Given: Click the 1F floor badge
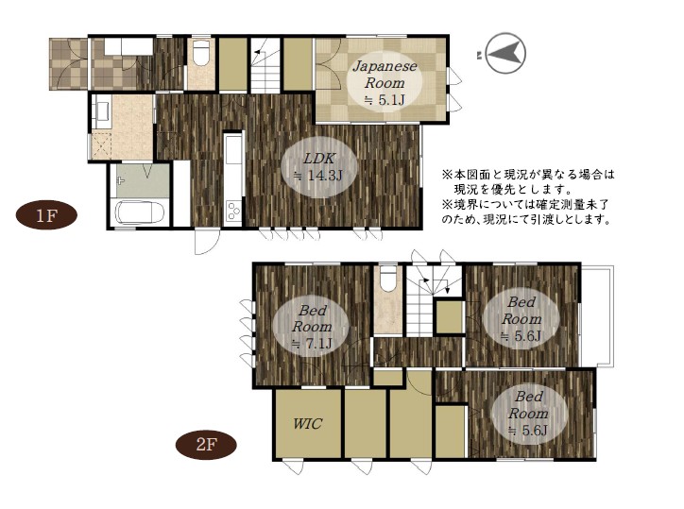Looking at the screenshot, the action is click(46, 215).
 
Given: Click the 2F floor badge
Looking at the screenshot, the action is click(206, 445).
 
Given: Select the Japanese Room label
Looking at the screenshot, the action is click(385, 75).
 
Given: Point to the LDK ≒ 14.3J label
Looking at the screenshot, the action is click(319, 167).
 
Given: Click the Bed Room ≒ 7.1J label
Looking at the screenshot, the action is click(312, 327).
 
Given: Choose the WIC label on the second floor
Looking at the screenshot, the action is click(307, 423).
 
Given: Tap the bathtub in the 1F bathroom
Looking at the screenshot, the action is click(140, 212).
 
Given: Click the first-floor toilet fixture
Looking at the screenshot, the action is click(201, 53).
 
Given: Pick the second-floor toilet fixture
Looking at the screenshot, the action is click(387, 280).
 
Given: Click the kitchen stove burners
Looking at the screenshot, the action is click(233, 212).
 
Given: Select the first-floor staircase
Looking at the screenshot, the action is click(265, 64).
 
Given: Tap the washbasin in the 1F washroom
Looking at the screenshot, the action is click(102, 110).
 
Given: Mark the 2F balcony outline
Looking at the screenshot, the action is click(597, 315).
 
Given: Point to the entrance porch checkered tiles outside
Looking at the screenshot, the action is click(68, 64).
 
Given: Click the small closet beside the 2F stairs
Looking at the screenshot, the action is click(450, 316).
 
